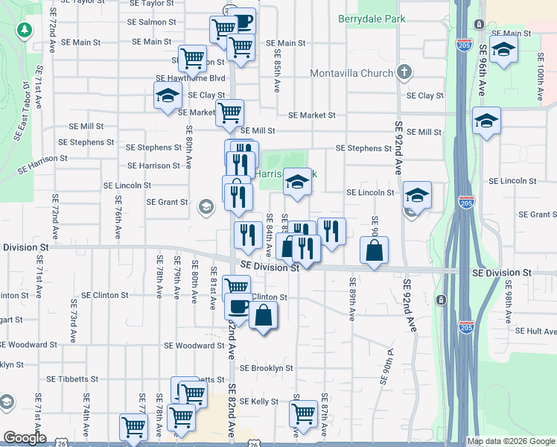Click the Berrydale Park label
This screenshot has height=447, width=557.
click(372, 18)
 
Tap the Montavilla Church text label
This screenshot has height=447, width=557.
click(351, 73)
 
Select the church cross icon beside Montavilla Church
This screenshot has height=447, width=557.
click(404, 72)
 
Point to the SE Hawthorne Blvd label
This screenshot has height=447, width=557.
click(190, 78)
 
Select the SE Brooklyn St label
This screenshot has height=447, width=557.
click(266, 368)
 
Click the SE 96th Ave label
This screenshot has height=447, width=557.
click(483, 71)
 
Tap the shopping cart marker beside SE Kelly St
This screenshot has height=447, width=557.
click(304, 412)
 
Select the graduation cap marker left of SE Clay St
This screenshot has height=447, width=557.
click(168, 95)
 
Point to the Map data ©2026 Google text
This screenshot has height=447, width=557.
click(510, 441)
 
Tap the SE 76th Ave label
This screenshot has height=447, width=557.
click(118, 215)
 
